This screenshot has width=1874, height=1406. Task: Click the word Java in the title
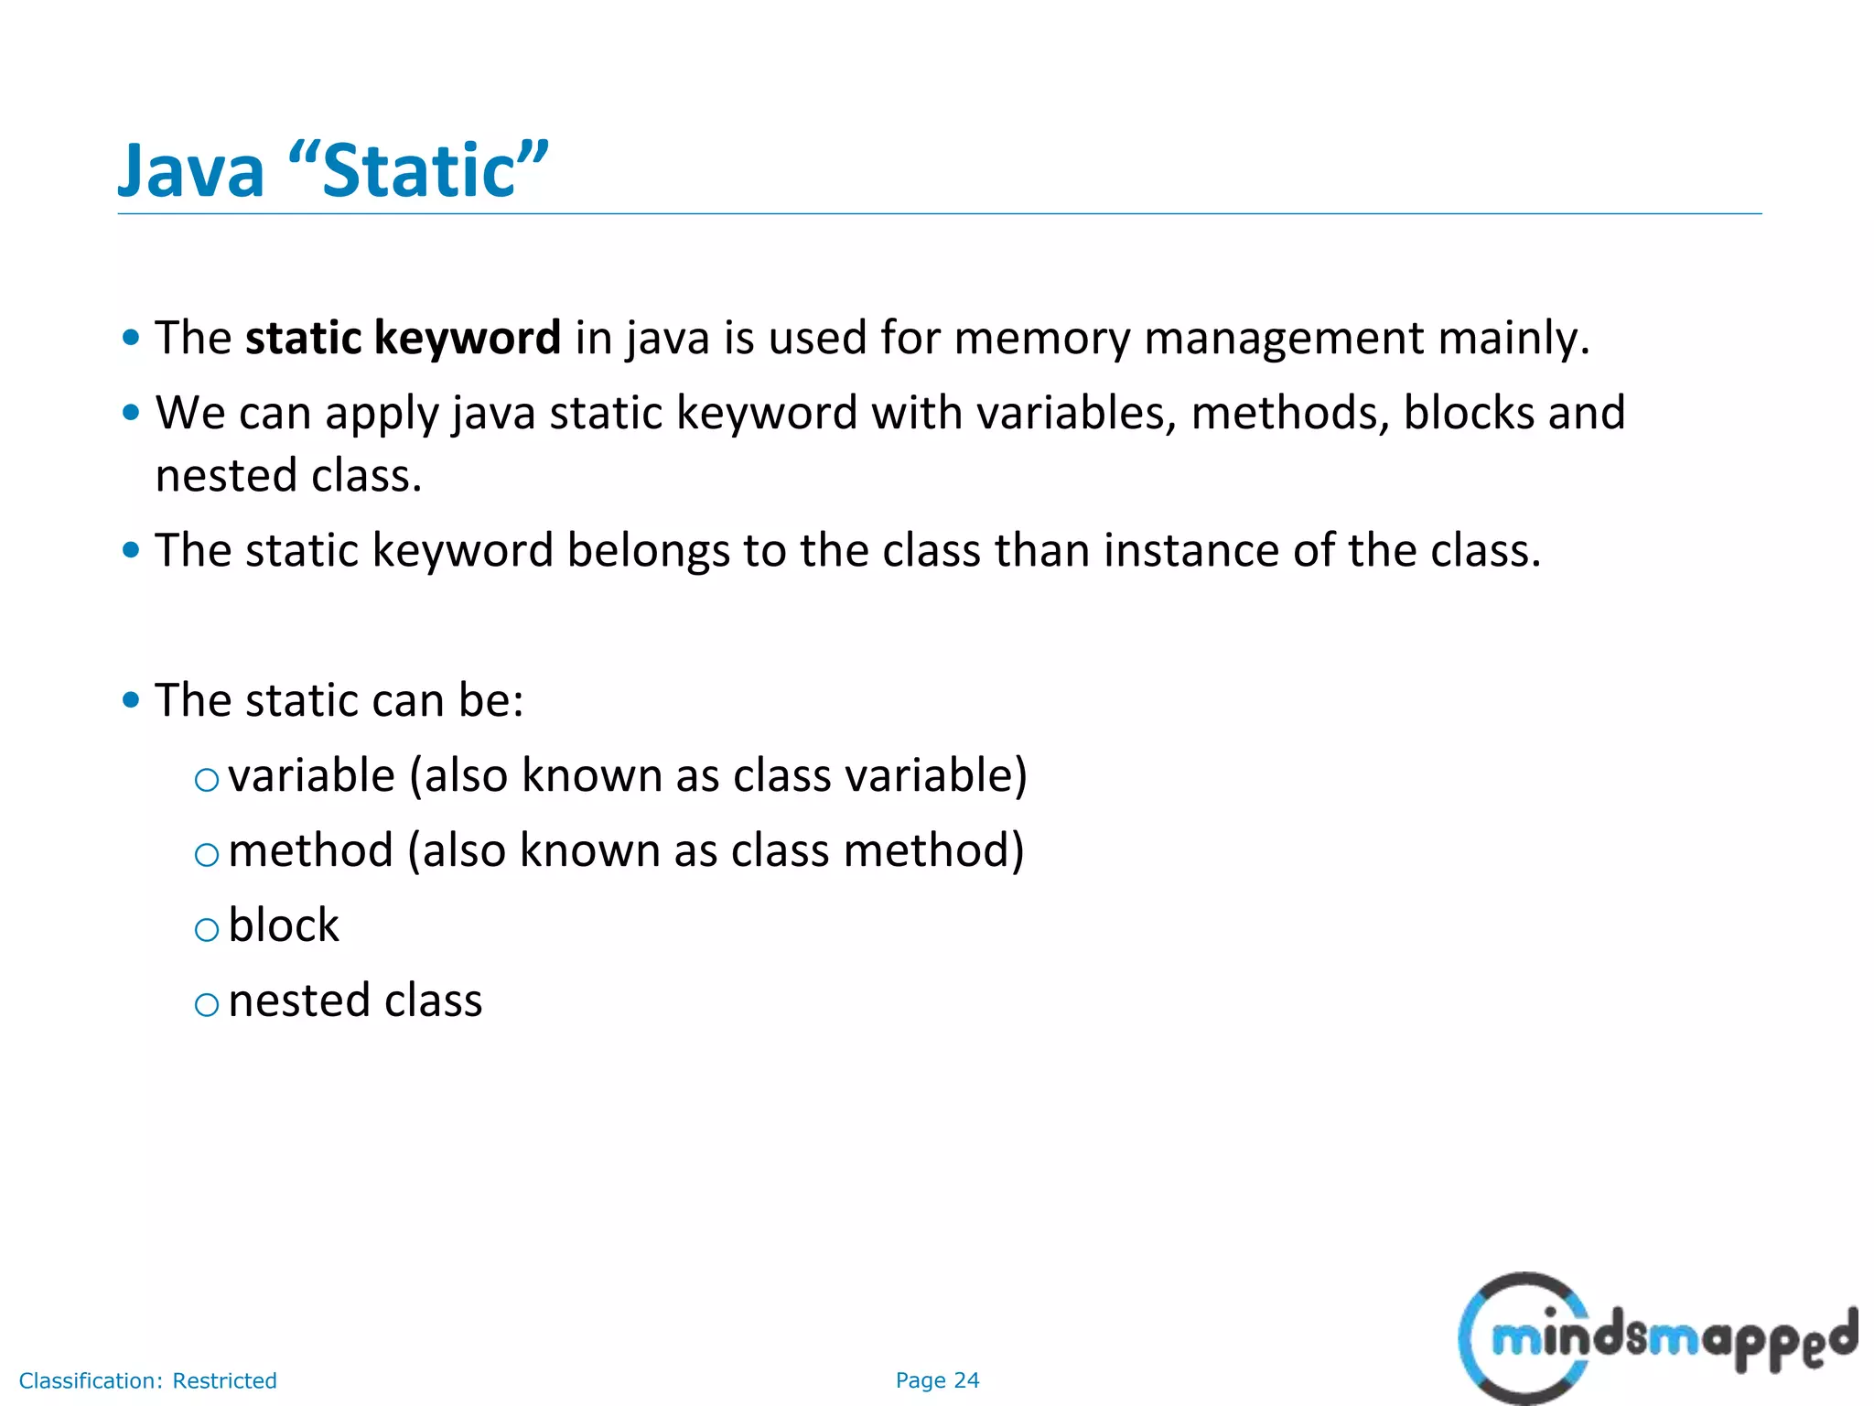coord(191,171)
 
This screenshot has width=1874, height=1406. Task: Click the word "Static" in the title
coord(418,171)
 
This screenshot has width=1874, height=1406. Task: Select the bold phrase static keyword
coord(403,338)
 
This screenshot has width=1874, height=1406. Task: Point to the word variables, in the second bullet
coord(1076,413)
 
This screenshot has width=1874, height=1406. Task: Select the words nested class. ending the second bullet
coord(288,476)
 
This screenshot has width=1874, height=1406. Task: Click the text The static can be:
coord(339,701)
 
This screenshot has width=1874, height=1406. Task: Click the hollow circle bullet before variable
coord(208,780)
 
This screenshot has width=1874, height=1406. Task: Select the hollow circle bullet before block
coord(208,930)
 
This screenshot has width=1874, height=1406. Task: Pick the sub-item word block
coord(284,925)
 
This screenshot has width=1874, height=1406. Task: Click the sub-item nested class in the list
coord(355,1000)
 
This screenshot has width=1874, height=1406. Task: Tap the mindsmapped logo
coord(1656,1339)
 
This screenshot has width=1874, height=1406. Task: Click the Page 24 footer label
coord(937,1380)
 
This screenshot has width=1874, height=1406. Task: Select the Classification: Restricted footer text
coord(147,1380)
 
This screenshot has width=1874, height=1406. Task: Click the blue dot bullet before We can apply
coord(131,413)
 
